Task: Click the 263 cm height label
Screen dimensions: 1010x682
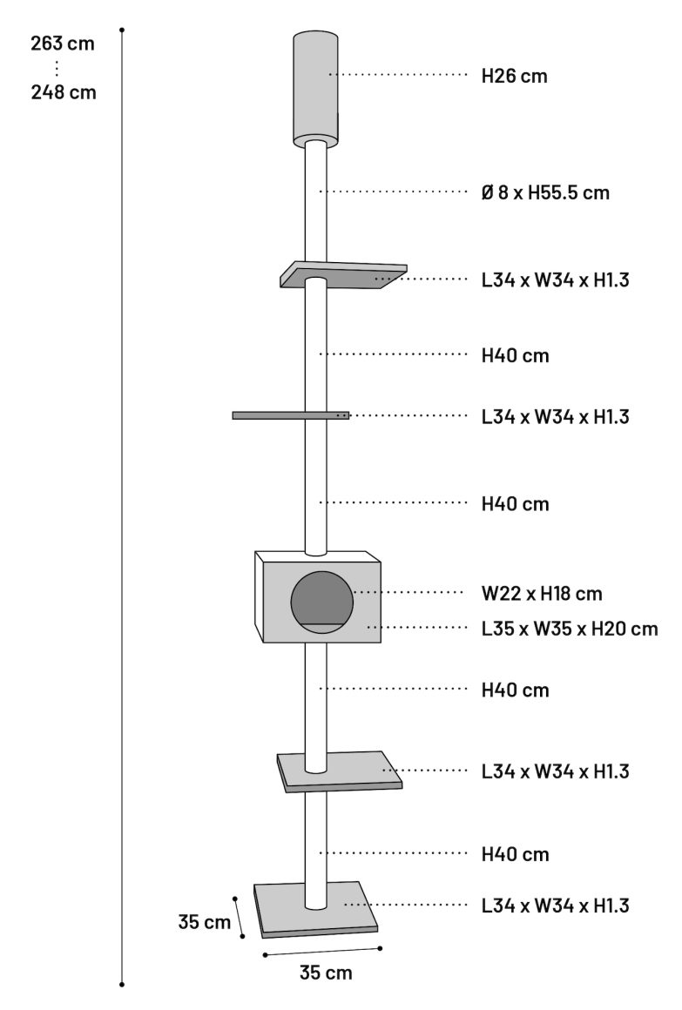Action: pyautogui.click(x=63, y=44)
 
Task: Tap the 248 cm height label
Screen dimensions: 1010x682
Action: pyautogui.click(x=63, y=92)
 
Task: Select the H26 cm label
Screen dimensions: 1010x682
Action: pyautogui.click(x=515, y=76)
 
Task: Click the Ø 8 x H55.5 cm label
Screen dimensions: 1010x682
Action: pyautogui.click(x=545, y=192)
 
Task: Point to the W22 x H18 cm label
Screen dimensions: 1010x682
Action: pyautogui.click(x=542, y=594)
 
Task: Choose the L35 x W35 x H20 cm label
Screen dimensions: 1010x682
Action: pyautogui.click(x=570, y=628)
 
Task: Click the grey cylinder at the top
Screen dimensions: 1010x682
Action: pyautogui.click(x=315, y=87)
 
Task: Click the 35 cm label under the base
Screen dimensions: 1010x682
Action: pyautogui.click(x=326, y=973)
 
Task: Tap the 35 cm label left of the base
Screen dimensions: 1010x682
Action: pyautogui.click(x=206, y=922)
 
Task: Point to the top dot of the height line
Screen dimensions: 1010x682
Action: pyautogui.click(x=122, y=30)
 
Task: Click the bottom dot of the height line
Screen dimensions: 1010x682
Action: pyautogui.click(x=122, y=984)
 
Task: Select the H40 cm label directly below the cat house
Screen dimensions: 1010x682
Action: pyautogui.click(x=516, y=690)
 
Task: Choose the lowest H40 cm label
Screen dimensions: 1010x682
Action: pyautogui.click(x=516, y=854)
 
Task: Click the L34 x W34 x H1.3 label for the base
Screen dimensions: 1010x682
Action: pyautogui.click(x=555, y=906)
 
